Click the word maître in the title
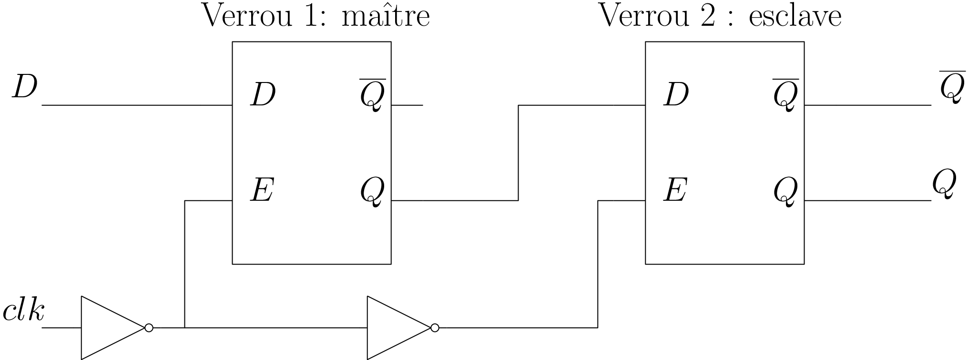(x=386, y=16)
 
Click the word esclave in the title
(x=795, y=16)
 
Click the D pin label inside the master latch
(x=263, y=94)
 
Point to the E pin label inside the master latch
(x=262, y=190)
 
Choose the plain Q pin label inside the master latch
(x=372, y=192)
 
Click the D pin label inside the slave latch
(x=676, y=94)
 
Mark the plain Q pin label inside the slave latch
(x=785, y=192)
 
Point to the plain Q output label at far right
(x=944, y=184)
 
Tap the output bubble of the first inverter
(x=149, y=328)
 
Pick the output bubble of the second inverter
(x=435, y=328)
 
